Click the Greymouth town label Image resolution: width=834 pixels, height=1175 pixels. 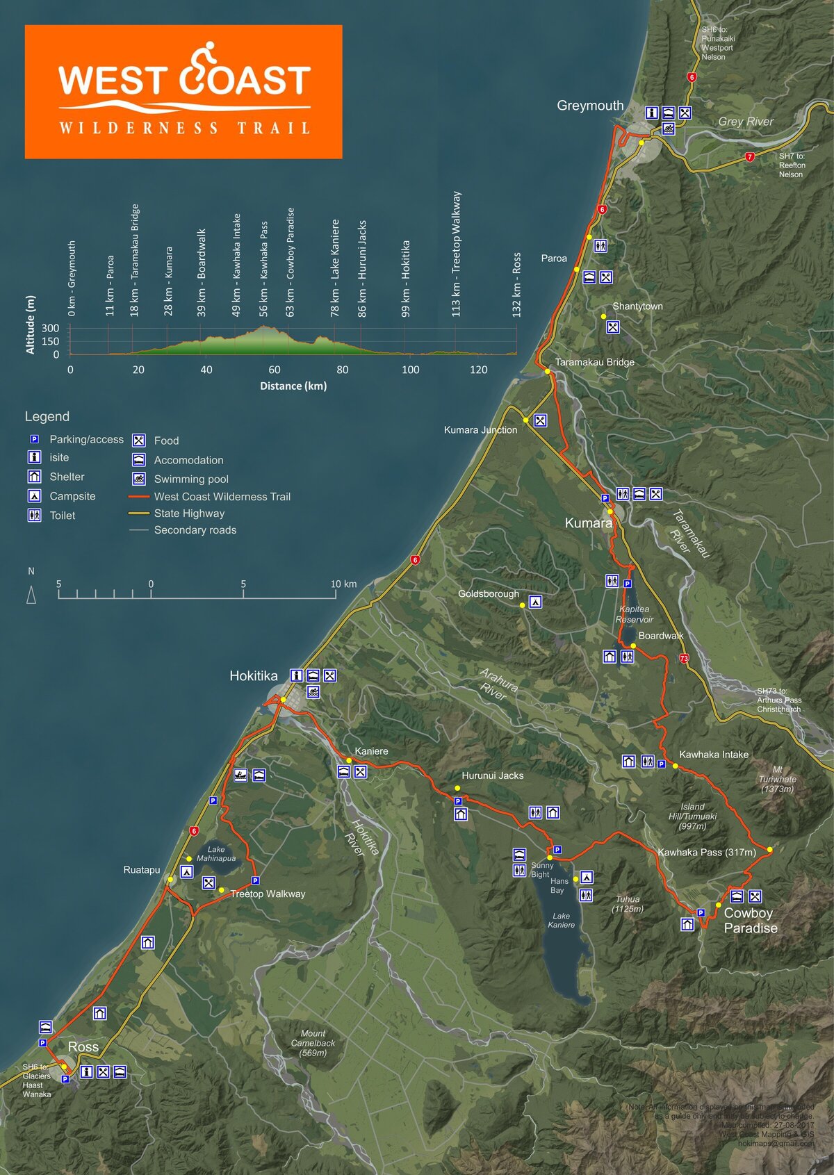point(590,106)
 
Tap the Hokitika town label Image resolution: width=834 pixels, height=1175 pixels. point(253,676)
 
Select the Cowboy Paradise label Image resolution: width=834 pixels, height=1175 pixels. point(750,921)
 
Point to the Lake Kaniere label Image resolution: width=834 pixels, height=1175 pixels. point(561,921)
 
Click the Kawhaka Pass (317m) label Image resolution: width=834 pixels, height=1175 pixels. point(706,852)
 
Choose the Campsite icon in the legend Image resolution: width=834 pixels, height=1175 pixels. point(34,496)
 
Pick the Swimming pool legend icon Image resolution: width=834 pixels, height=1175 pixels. point(139,479)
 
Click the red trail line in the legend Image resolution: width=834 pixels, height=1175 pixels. point(139,497)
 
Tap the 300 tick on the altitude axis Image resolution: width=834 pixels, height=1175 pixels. point(51,328)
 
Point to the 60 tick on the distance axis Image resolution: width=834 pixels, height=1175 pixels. point(275,370)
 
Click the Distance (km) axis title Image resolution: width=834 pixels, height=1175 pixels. point(293,386)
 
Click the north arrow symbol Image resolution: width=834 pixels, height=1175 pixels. point(31,595)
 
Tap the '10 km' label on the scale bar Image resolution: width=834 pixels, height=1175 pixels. point(343,584)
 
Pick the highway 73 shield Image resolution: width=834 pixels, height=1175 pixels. point(684,658)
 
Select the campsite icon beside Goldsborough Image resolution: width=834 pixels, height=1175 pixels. point(535,602)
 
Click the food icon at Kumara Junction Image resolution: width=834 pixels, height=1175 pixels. point(540,420)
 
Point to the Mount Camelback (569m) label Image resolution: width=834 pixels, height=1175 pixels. point(313,1043)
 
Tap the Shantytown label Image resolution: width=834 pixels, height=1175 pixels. point(637,306)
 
